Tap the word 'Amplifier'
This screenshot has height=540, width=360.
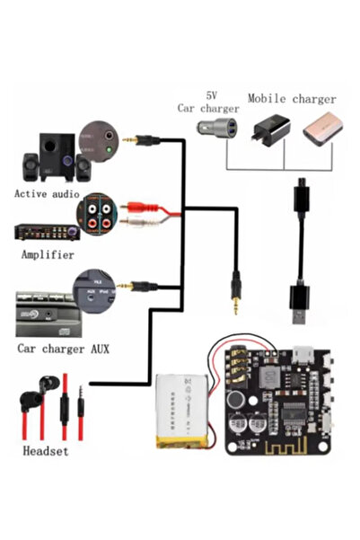coord(47,255)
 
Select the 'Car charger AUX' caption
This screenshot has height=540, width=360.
coord(63,347)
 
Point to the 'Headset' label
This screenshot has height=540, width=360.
coord(44,451)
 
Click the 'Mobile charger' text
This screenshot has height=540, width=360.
coord(292,99)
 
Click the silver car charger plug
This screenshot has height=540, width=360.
coord(220,130)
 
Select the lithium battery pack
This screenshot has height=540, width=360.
coord(188,409)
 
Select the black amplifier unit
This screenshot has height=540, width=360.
coord(42,230)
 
